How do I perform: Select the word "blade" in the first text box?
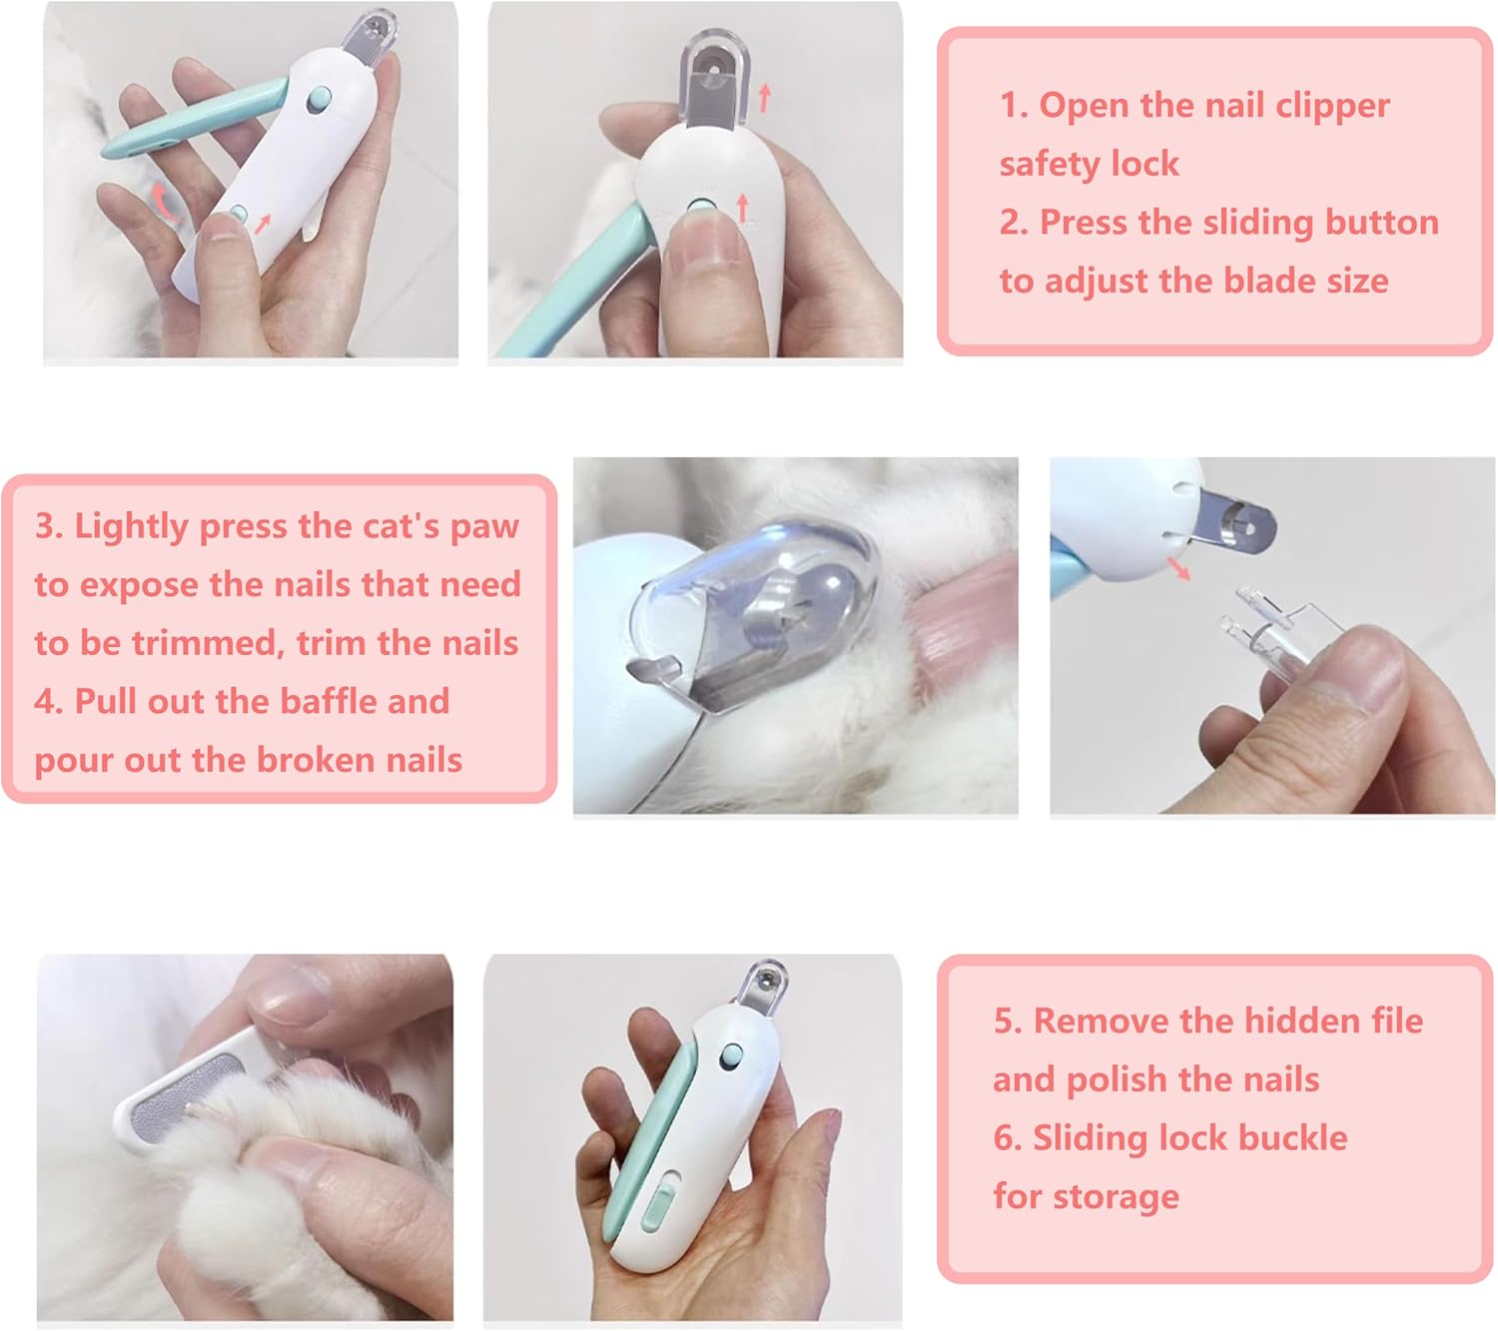click(x=1265, y=281)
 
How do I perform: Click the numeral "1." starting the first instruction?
click(x=1014, y=107)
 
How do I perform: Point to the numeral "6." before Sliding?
click(x=1008, y=1138)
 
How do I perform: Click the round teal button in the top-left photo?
click(x=320, y=99)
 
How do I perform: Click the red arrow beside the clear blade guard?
click(x=765, y=98)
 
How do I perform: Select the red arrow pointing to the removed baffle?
click(x=1177, y=568)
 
